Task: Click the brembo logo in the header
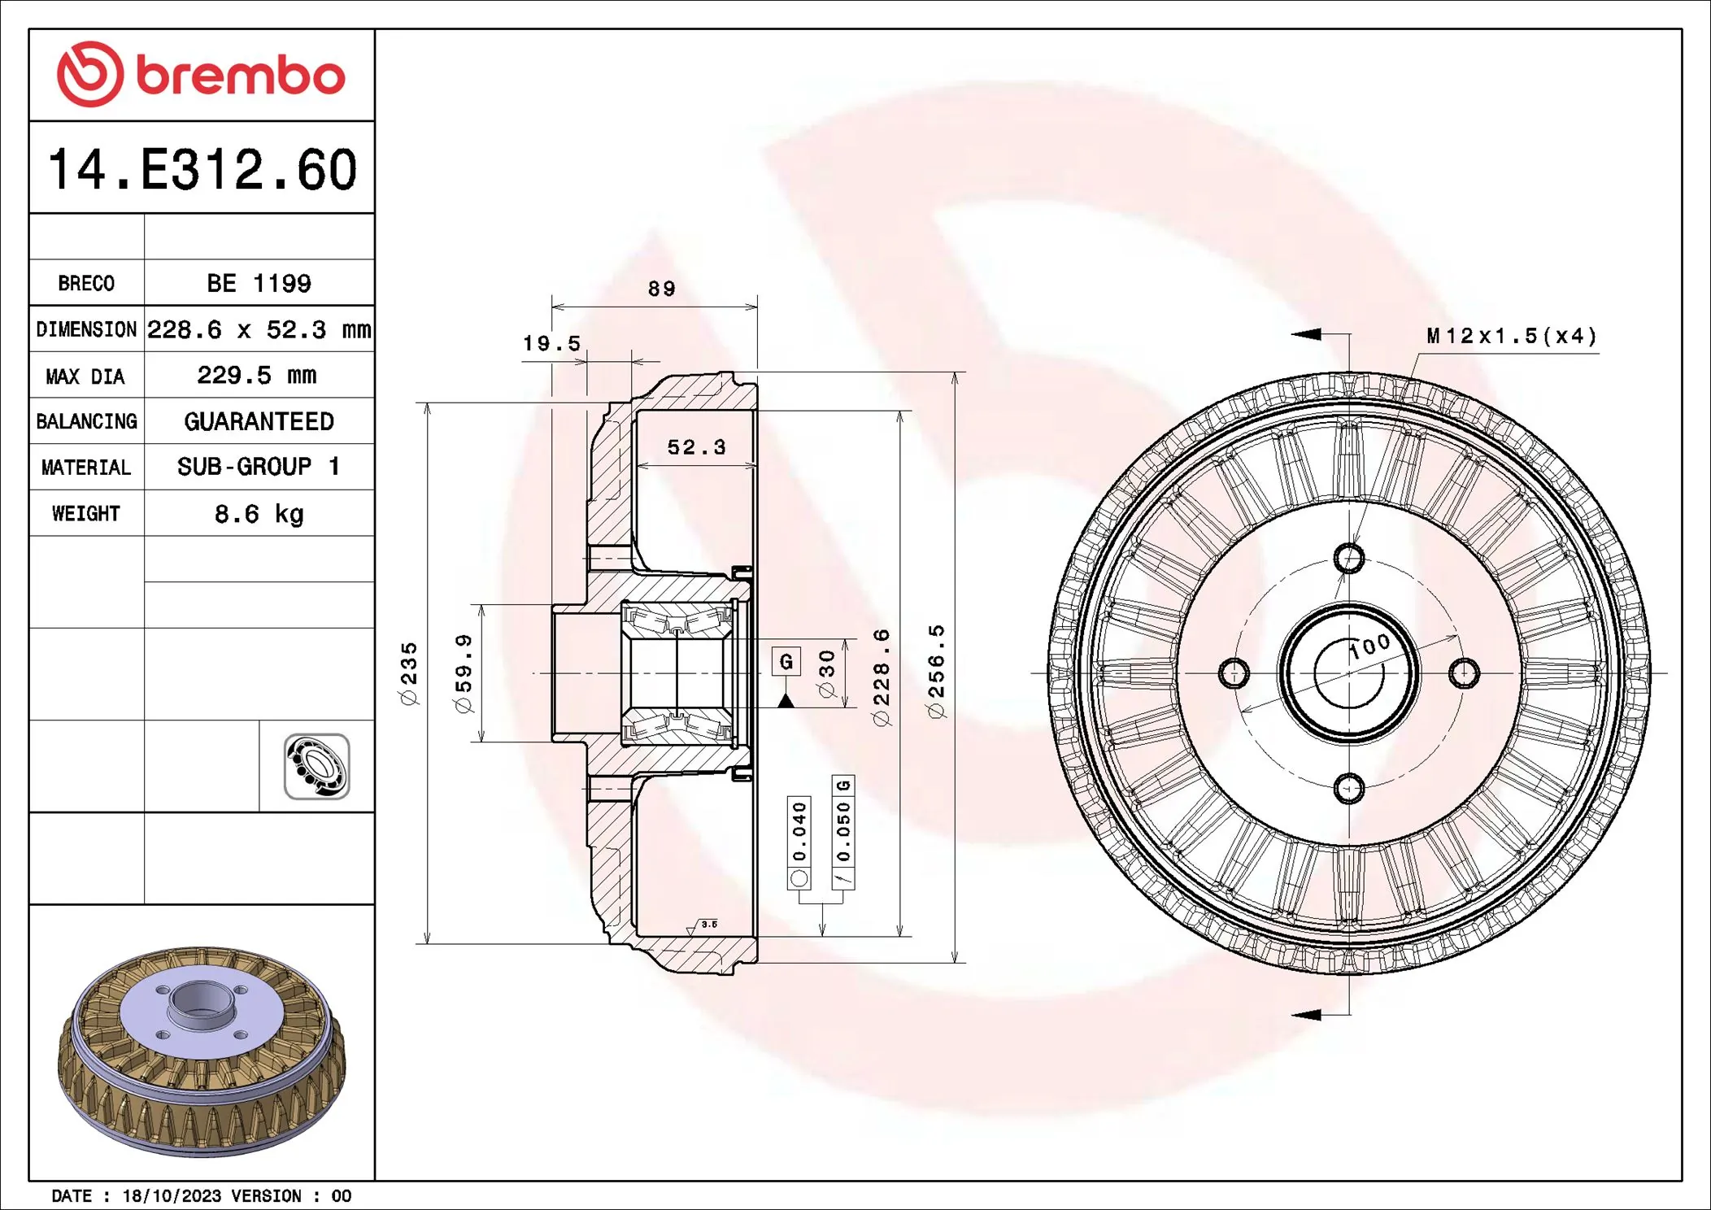[x=201, y=75]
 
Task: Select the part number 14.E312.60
[x=202, y=170]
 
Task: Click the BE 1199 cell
[x=259, y=284]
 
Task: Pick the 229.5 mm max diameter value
[x=257, y=376]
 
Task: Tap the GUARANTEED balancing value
[x=259, y=421]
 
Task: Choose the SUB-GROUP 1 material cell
[x=259, y=467]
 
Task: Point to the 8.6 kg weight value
[x=259, y=514]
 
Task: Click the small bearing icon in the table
[x=316, y=766]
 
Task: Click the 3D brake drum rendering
[x=202, y=1049]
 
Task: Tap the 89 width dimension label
[x=661, y=289]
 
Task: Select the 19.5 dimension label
[x=551, y=343]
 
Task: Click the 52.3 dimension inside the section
[x=696, y=447]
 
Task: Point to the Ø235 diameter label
[x=409, y=673]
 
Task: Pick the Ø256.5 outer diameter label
[x=937, y=672]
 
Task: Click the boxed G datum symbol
[x=786, y=661]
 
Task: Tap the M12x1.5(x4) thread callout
[x=1512, y=336]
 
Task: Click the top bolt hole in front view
[x=1349, y=559]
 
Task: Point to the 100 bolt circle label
[x=1370, y=646]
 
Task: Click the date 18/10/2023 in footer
[x=172, y=1195]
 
